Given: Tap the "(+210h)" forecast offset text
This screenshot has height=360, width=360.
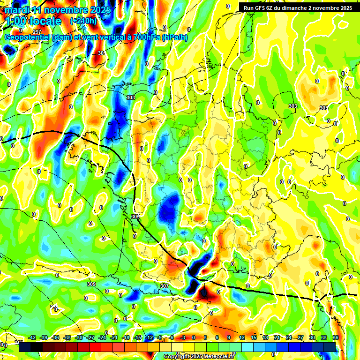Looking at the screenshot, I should [83, 21].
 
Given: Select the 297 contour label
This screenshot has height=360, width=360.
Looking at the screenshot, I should [37, 32].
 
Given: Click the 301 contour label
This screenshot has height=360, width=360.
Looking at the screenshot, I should [102, 53].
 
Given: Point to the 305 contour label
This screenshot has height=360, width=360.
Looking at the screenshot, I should [135, 217].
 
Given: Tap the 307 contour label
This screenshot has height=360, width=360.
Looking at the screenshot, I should [164, 285].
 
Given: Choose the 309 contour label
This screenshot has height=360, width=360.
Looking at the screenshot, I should [91, 284].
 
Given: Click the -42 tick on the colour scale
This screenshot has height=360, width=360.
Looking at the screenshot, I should [32, 337].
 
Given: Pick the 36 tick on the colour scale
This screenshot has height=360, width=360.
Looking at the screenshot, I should [336, 337].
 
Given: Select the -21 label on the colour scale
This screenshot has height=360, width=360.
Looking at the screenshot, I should [114, 337].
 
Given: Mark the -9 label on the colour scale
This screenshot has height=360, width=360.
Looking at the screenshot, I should [160, 337].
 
